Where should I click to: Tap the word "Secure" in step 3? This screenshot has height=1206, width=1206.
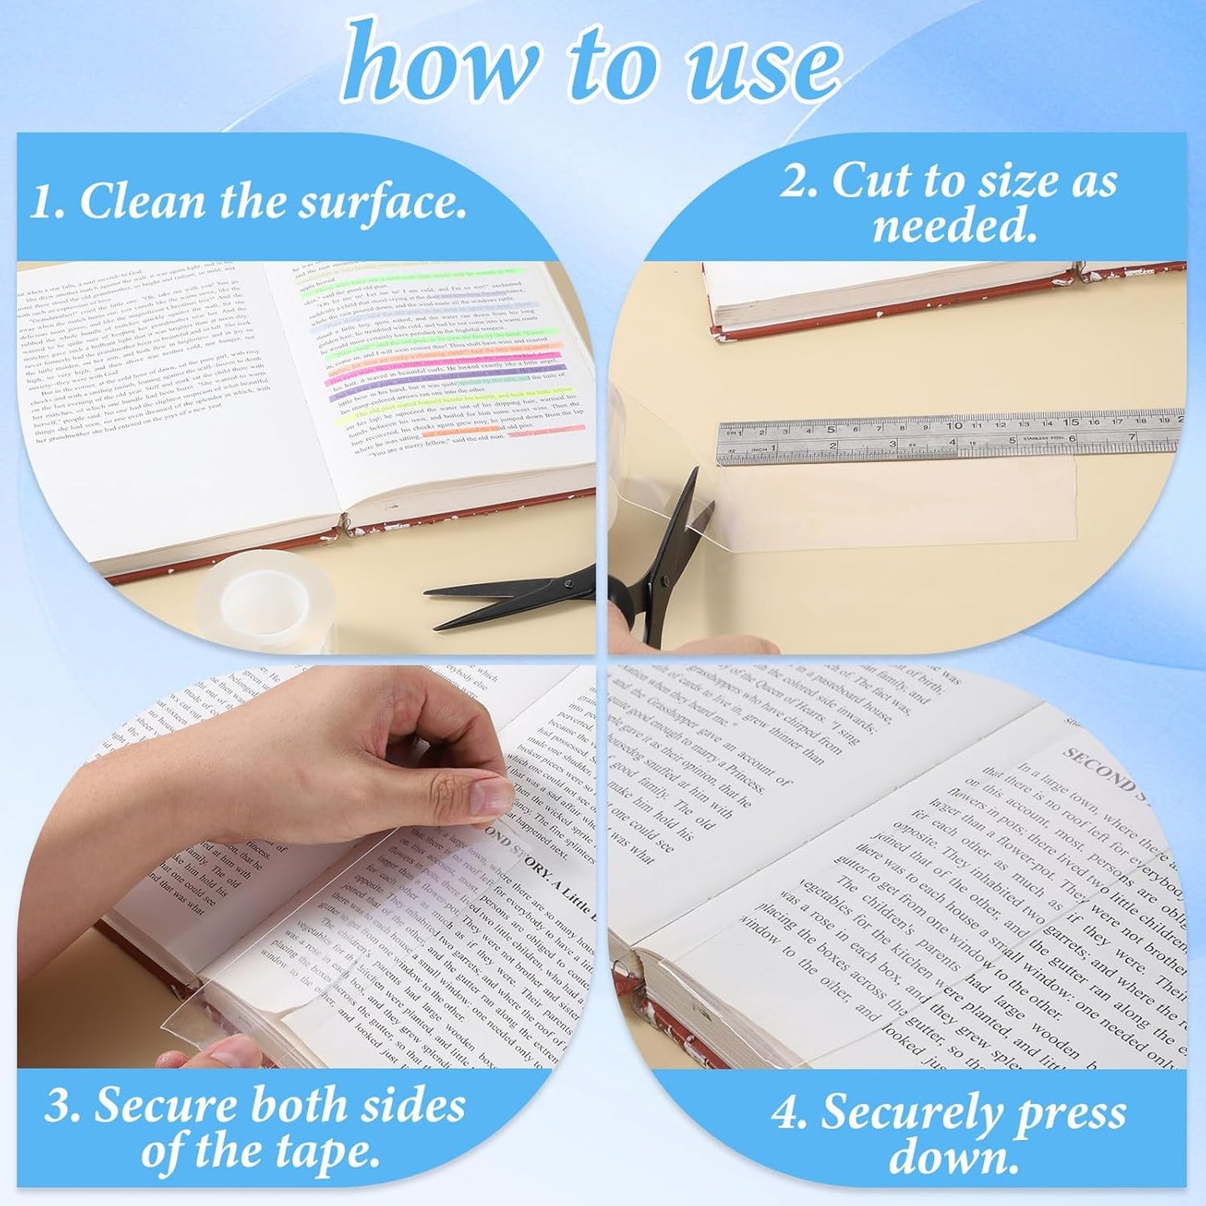[167, 1106]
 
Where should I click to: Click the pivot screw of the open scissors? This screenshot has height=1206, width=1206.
[665, 579]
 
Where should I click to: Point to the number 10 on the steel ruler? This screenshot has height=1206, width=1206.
[954, 425]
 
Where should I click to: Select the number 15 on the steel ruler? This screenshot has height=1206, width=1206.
[1071, 421]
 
